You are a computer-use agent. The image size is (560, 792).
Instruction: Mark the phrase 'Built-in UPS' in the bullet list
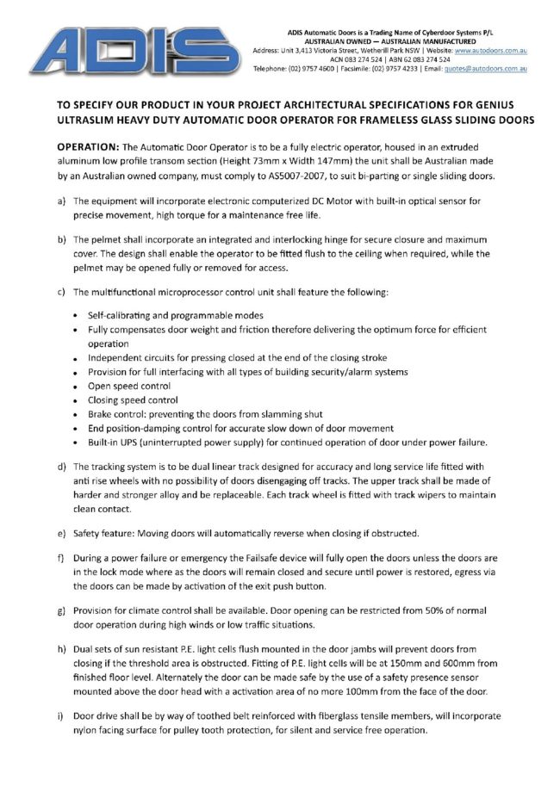coord(115,442)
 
